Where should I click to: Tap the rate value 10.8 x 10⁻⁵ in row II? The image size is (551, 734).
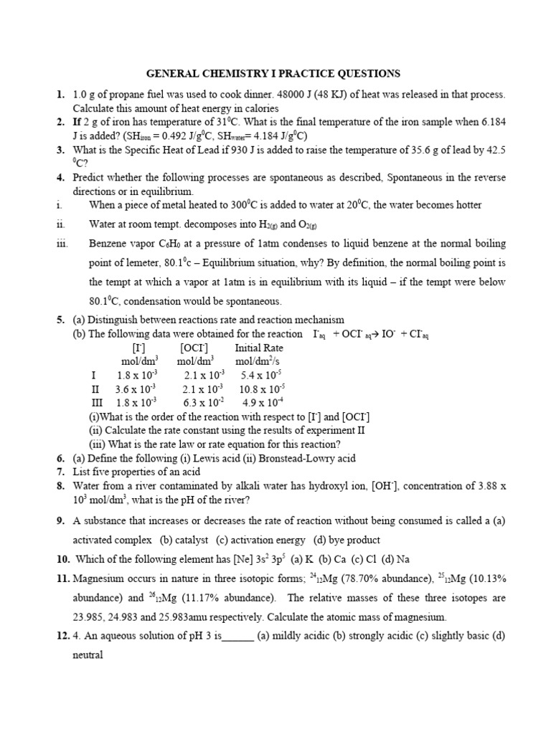(x=262, y=389)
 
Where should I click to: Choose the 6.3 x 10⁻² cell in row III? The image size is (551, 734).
(x=204, y=402)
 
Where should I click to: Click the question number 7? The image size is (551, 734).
(x=60, y=472)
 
